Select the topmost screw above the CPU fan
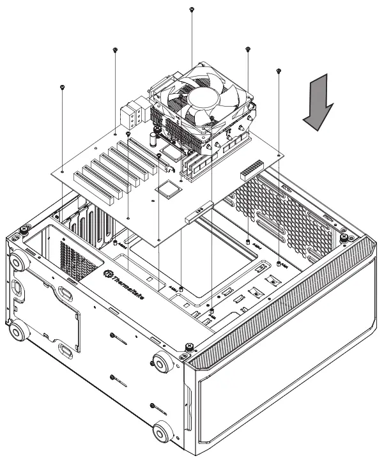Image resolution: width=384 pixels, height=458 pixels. [192, 9]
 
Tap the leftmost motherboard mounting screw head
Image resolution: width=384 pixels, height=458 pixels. [62, 86]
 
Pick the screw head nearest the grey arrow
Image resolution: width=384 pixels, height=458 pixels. [279, 70]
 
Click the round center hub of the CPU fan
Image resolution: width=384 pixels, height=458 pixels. [206, 99]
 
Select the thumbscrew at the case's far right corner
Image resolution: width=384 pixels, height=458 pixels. [346, 237]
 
